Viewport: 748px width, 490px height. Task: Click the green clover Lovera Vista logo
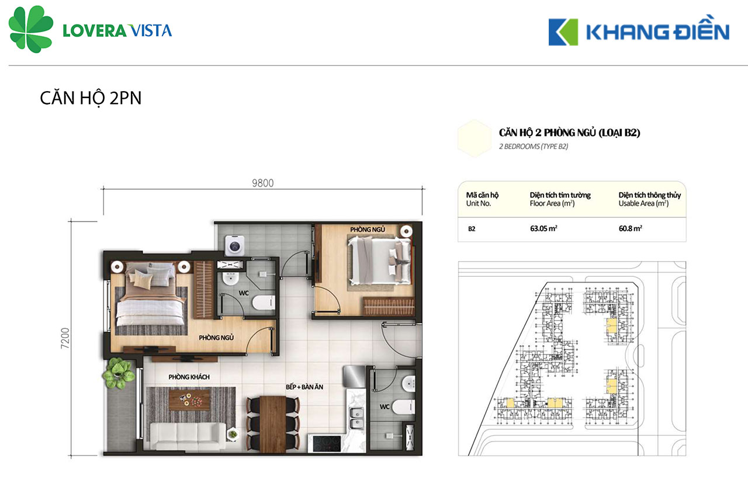click(31, 29)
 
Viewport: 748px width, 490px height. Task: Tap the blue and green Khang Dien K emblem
click(563, 32)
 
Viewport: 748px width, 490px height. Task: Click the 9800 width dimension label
click(263, 183)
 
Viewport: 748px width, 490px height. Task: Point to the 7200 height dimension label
click(65, 338)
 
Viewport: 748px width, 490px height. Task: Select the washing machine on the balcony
click(234, 246)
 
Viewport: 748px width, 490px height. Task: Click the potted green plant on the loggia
click(118, 373)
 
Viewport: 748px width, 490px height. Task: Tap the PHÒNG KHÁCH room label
click(189, 377)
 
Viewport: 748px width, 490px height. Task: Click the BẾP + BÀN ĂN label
click(304, 387)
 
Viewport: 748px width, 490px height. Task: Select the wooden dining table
click(273, 424)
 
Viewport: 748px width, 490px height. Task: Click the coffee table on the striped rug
click(189, 400)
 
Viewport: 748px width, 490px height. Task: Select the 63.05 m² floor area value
click(543, 228)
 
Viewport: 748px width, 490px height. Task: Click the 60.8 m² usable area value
click(630, 228)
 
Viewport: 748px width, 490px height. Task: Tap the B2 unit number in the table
click(472, 229)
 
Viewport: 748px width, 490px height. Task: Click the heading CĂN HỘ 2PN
click(91, 99)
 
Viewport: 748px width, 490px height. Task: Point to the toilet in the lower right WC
click(404, 407)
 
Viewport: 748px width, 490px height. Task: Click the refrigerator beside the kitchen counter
click(354, 377)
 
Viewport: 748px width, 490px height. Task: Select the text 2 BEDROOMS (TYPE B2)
click(534, 146)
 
